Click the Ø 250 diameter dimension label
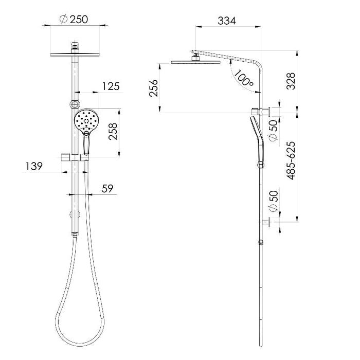coord(74,20)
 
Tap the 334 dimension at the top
coord(227,21)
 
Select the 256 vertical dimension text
coord(154,88)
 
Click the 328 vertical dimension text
coord(291,81)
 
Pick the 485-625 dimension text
coord(291,160)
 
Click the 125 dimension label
coord(111,86)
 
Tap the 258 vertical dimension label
coord(113,132)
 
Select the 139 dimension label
coord(34,166)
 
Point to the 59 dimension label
coord(107,189)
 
